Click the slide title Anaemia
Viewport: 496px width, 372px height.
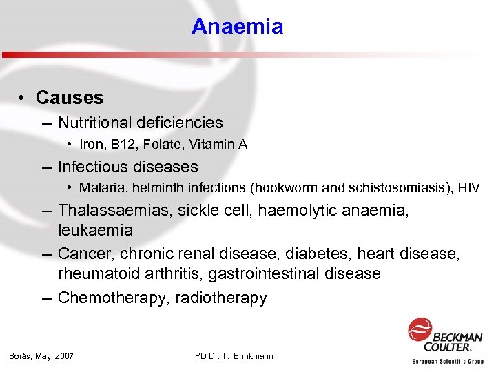(x=237, y=27)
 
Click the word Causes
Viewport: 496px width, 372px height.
(x=70, y=98)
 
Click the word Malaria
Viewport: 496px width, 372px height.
(x=101, y=188)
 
